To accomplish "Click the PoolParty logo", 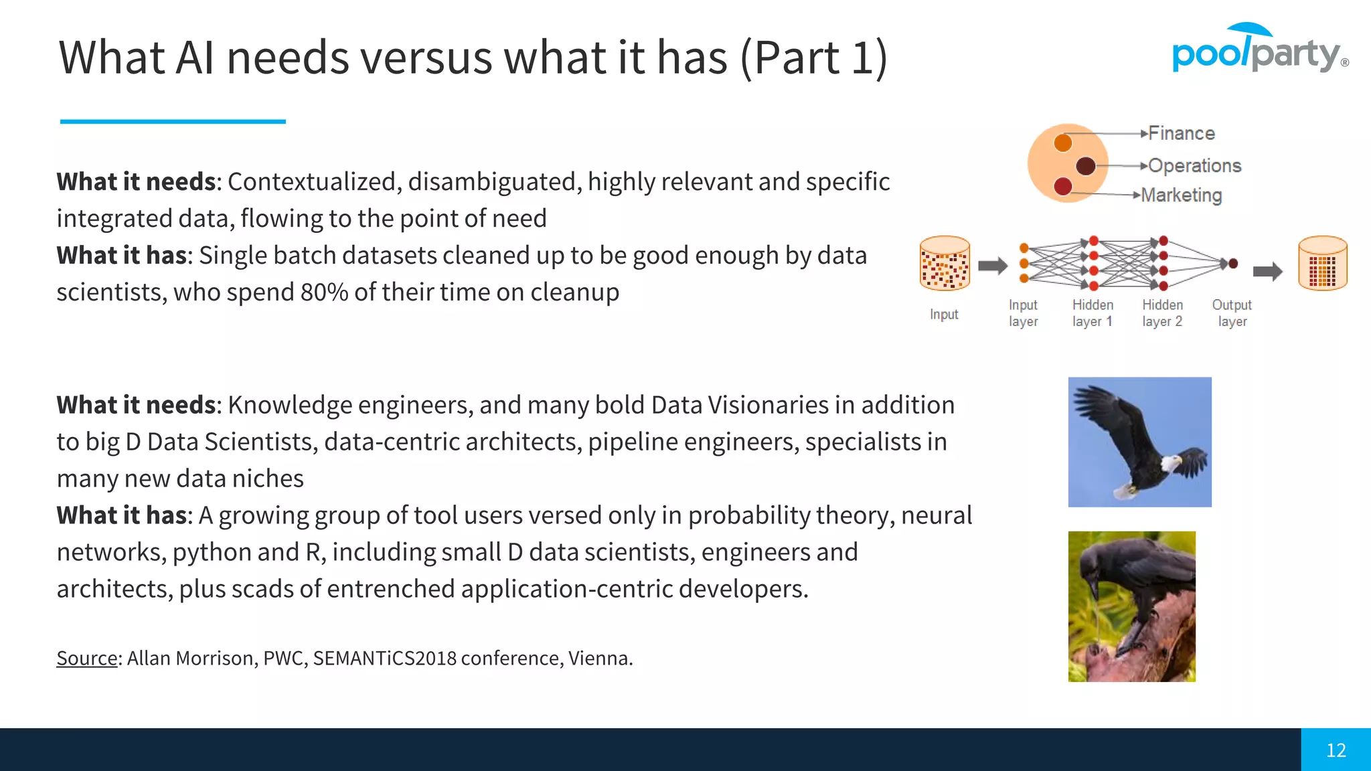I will [1259, 50].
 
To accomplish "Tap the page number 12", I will [1336, 750].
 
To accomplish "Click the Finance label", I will [1182, 133].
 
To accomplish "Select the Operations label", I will [1194, 165].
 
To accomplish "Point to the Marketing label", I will [1181, 195].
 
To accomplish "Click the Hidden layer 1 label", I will [1093, 313].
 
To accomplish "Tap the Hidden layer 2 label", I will [1162, 313].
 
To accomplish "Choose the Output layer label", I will [1232, 313].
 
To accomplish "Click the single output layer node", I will [1233, 264].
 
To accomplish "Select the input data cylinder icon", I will [945, 263].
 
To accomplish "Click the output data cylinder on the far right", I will [1322, 263].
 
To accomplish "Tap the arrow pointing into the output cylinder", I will [1267, 271].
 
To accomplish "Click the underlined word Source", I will [87, 658].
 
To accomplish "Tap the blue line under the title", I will [173, 121].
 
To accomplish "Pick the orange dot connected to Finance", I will [1062, 143].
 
